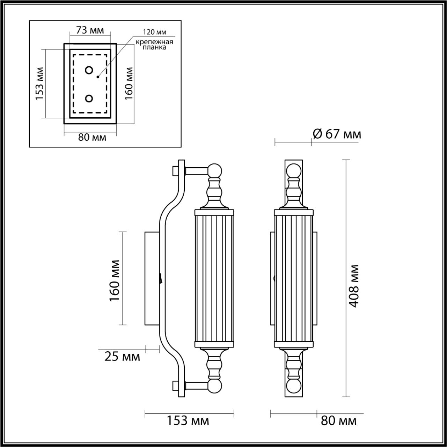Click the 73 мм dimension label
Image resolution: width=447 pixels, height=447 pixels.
click(x=90, y=30)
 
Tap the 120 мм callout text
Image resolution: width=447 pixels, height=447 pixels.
click(x=154, y=32)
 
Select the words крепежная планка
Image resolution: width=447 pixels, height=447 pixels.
click(x=155, y=45)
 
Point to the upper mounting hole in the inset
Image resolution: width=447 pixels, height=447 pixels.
click(x=89, y=70)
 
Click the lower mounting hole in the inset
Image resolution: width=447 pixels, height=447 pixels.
click(x=89, y=99)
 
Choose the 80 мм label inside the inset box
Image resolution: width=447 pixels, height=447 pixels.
click(x=92, y=137)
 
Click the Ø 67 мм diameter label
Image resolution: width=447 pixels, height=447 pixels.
click(x=337, y=134)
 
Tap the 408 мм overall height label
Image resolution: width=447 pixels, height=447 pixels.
click(x=354, y=286)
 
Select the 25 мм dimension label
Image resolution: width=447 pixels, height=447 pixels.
click(x=122, y=357)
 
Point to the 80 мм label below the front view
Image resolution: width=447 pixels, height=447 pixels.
click(x=338, y=420)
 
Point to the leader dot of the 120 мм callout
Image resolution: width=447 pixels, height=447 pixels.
click(x=98, y=76)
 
